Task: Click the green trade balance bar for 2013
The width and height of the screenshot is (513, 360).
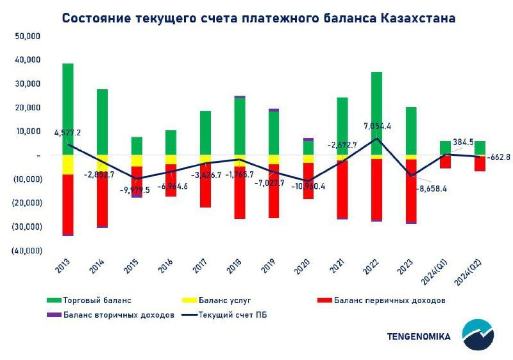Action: (x=68, y=109)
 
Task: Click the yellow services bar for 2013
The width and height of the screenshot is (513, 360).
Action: (x=68, y=164)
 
